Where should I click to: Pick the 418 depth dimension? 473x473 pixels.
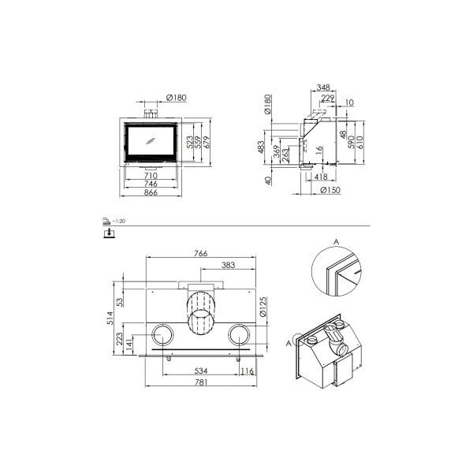pyautogui.click(x=322, y=177)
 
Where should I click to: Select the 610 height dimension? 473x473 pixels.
pyautogui.click(x=363, y=142)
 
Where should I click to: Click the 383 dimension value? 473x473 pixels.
pyautogui.click(x=228, y=266)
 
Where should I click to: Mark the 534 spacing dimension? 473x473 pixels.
pyautogui.click(x=200, y=371)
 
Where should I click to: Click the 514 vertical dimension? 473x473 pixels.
pyautogui.click(x=111, y=318)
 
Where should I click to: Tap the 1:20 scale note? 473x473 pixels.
pyautogui.click(x=118, y=222)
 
